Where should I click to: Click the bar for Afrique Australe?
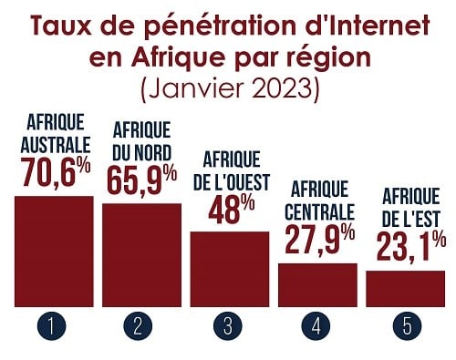(x=54, y=252)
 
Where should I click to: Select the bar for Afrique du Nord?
(x=141, y=255)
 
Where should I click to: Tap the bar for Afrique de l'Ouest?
(x=230, y=269)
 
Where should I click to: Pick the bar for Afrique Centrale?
(x=317, y=285)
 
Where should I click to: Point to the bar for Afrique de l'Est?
(x=406, y=289)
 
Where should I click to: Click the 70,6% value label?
(x=56, y=172)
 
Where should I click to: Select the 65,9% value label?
(x=142, y=180)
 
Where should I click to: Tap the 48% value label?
(x=232, y=209)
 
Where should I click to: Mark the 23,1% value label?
(x=411, y=246)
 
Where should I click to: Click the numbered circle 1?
(x=51, y=326)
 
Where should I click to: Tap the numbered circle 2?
(x=138, y=326)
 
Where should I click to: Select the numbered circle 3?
(x=228, y=326)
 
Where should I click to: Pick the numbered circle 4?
(x=316, y=326)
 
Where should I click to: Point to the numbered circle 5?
(x=408, y=326)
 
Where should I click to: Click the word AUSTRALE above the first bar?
(x=56, y=145)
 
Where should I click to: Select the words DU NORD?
(x=142, y=152)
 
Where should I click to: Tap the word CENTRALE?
(x=320, y=211)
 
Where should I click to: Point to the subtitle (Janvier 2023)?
(x=230, y=89)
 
